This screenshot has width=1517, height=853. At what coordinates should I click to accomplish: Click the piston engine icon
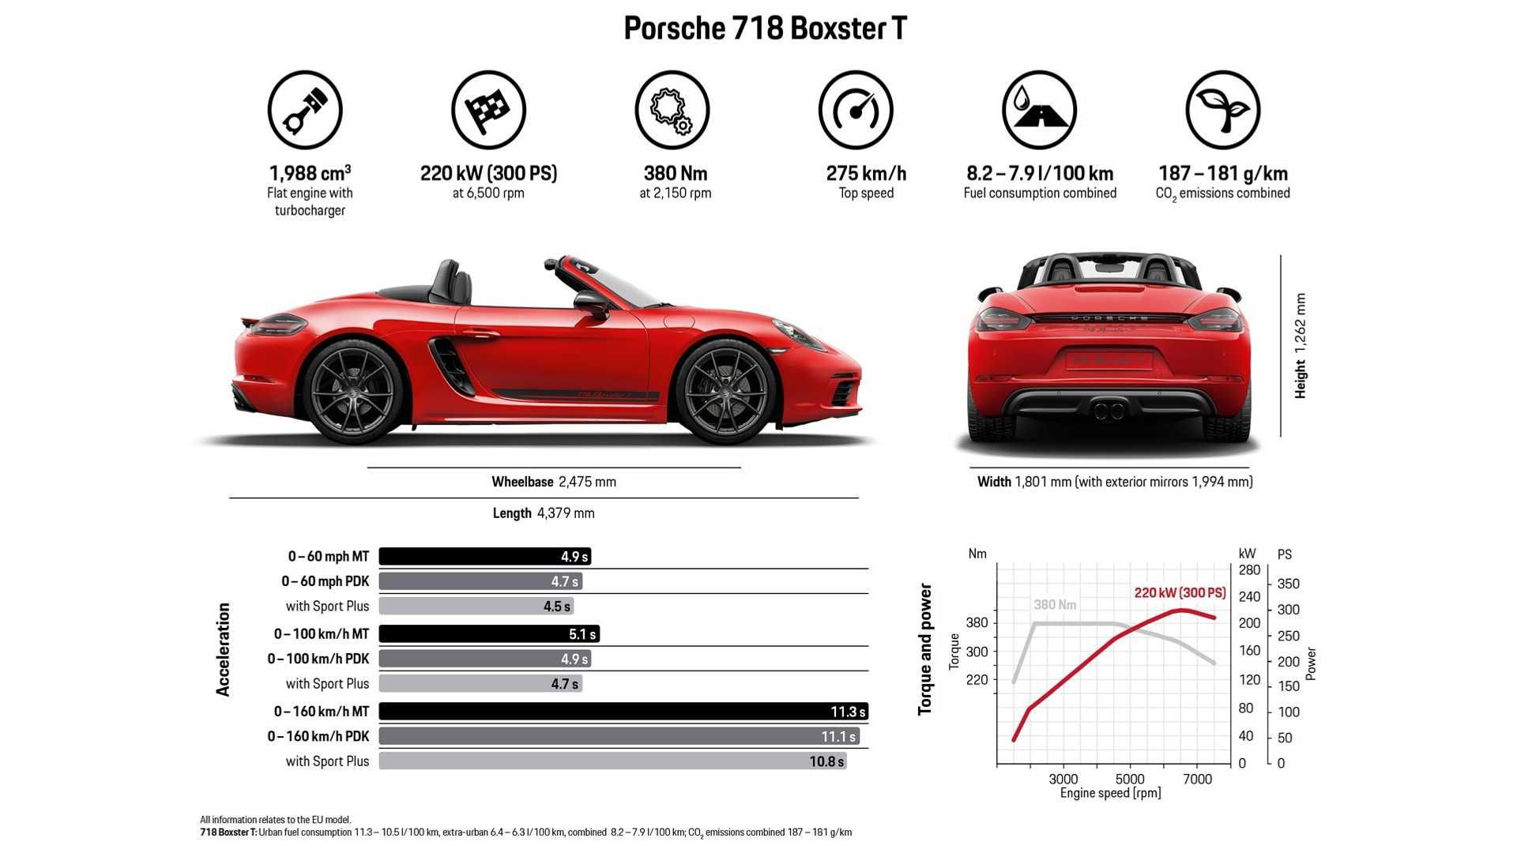[305, 110]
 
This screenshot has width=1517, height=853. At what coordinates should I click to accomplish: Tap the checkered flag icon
[488, 110]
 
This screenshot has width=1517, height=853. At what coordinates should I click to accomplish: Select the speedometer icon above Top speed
[856, 110]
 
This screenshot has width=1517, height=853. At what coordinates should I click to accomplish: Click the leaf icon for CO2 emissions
[1222, 110]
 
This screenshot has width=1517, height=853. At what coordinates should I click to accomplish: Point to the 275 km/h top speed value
[866, 173]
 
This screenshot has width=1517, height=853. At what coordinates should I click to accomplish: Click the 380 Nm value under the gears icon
[676, 173]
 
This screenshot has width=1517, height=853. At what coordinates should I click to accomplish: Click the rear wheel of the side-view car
[353, 392]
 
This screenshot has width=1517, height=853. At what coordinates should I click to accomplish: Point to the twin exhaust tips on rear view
[1109, 410]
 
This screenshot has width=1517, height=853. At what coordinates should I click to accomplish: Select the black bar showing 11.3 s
[623, 712]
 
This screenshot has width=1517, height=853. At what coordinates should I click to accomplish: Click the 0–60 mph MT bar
[484, 557]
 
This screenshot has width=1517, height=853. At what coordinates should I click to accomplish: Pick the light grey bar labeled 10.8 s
[612, 761]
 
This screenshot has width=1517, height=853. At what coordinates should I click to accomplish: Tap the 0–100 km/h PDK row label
[318, 659]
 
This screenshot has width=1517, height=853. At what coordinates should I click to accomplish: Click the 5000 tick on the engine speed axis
[1130, 780]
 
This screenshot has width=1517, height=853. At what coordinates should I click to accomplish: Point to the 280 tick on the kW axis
[1249, 570]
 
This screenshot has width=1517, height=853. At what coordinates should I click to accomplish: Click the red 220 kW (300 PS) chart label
[1180, 592]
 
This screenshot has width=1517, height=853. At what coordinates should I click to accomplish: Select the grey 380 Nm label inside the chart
[1055, 605]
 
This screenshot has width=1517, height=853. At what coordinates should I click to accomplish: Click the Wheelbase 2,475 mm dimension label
[554, 482]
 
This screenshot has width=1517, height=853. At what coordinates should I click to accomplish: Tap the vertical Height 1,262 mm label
[1301, 346]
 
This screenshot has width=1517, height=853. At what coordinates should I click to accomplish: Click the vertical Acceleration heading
[224, 649]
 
